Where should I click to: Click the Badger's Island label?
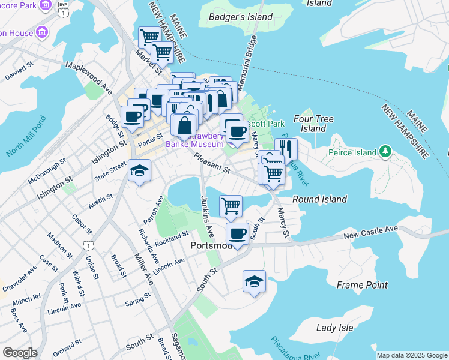tap(240, 17)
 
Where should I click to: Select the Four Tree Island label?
tap(309, 124)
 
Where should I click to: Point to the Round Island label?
tap(319, 199)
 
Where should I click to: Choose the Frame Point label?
tap(362, 285)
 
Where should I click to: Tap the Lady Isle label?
tap(335, 328)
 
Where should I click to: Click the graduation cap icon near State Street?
tap(139, 171)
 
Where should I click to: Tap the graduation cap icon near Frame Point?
tap(254, 280)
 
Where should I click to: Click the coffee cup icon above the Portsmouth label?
tap(238, 233)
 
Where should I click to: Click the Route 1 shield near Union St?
tap(88, 245)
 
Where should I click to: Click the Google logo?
tap(20, 353)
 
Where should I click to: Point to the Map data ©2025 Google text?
tap(411, 355)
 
